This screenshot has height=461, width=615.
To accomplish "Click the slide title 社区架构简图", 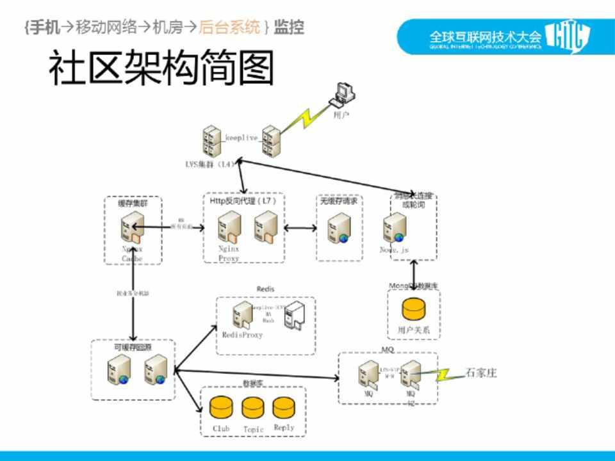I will coord(161,69).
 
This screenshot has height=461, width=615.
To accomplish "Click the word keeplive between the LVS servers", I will coord(242,138).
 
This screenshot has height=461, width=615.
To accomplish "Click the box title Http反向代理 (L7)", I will coord(243,201).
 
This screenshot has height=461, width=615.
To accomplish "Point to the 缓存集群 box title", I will coord(132,204).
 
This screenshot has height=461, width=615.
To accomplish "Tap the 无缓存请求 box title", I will coord(339,201).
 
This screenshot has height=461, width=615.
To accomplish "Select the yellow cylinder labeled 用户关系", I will coord(413,309).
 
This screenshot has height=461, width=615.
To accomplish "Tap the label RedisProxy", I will coord(242,335).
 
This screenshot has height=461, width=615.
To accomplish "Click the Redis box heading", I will coord(265,289).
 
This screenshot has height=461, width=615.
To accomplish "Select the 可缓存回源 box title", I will coord(133,347).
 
